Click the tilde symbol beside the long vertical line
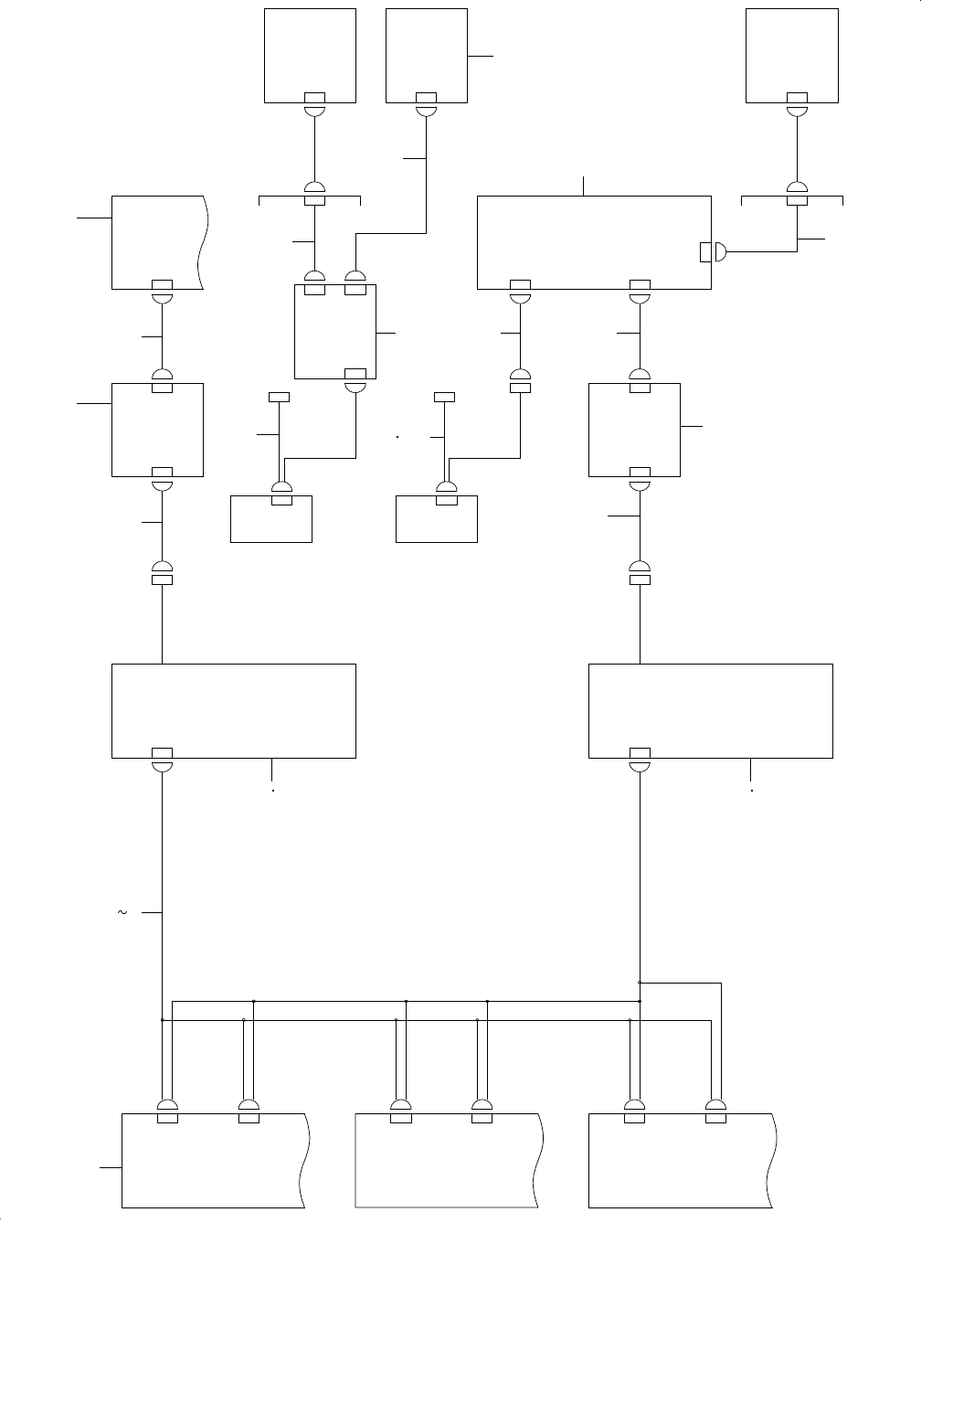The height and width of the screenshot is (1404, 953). coord(122,912)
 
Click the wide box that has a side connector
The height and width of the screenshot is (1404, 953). coord(594,242)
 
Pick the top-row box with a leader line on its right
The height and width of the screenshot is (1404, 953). coord(427,56)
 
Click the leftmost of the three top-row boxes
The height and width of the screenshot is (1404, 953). coord(310,56)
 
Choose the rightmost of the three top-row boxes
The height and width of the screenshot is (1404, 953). coord(792,56)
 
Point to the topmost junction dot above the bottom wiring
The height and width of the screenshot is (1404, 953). coord(640,983)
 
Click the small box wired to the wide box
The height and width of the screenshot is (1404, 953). coord(436,519)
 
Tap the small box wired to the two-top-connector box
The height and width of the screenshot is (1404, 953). coord(271,519)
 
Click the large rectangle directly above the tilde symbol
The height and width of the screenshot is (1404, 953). coord(233,711)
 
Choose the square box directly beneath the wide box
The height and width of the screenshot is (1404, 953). coord(634,430)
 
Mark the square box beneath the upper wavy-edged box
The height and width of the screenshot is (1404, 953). coord(157,430)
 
